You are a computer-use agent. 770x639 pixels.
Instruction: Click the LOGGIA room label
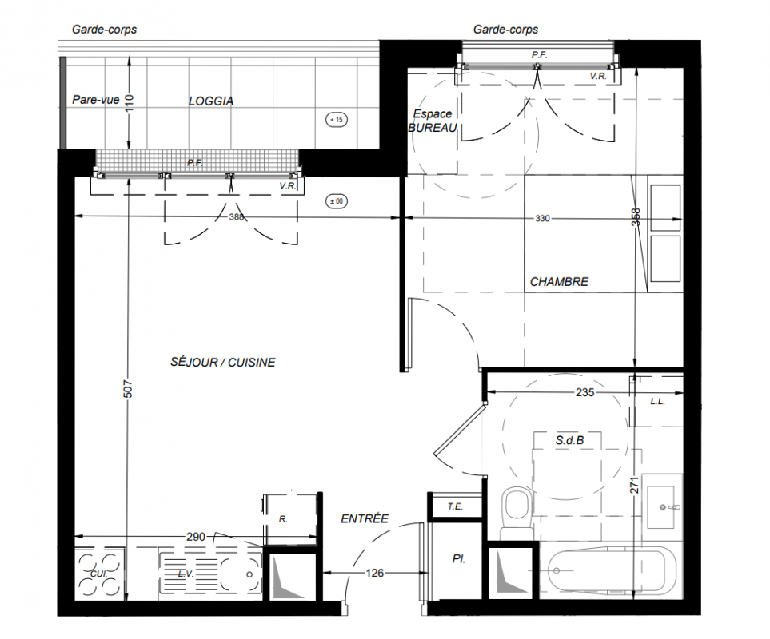coord(210,101)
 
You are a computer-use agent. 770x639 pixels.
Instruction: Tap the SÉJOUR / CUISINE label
coord(222,363)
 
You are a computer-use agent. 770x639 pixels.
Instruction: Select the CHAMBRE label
coord(559,282)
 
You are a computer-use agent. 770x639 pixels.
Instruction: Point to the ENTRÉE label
coord(365,518)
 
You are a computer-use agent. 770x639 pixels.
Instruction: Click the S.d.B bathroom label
coord(569,440)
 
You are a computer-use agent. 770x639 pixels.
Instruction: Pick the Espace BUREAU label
coord(433,121)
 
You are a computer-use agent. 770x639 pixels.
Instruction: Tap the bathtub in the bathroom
coord(612,571)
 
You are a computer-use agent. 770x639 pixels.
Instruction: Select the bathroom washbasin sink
coord(664,507)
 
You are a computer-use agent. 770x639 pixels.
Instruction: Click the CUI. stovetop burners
coord(99,574)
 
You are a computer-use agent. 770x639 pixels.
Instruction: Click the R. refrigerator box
coord(289,518)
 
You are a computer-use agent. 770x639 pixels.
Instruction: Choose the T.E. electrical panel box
coord(455,506)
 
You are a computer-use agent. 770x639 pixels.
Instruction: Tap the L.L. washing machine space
coord(656,401)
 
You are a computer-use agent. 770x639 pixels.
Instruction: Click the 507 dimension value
coord(128,389)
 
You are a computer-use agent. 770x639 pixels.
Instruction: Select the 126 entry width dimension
coord(375,573)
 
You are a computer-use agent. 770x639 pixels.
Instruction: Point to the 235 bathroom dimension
coord(584,392)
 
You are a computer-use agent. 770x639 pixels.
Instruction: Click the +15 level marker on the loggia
coord(337,120)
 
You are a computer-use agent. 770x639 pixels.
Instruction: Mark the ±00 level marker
coord(337,201)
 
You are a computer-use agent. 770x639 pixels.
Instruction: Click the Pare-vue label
coord(96,100)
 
